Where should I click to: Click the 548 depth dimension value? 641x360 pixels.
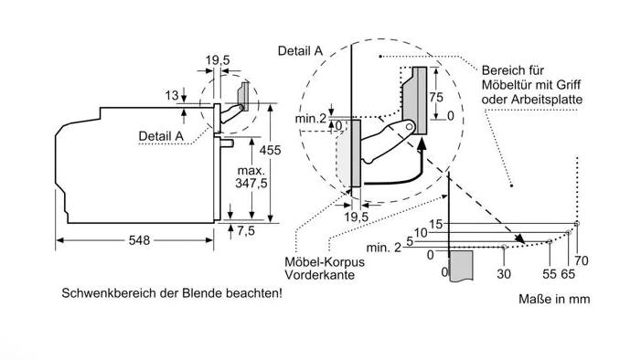[x=139, y=240]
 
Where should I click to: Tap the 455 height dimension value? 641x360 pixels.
[x=270, y=150]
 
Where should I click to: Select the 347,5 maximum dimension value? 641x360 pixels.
[x=251, y=183]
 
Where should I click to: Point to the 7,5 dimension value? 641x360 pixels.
[x=246, y=231]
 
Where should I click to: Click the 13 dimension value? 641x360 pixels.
[x=172, y=96]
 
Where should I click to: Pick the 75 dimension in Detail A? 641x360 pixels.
[x=436, y=97]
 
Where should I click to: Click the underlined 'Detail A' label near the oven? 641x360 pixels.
[x=161, y=136]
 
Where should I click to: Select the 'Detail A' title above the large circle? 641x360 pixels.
[x=300, y=50]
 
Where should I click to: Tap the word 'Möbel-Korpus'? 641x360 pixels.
[x=325, y=261]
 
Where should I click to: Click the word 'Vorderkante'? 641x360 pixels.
[x=319, y=275]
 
